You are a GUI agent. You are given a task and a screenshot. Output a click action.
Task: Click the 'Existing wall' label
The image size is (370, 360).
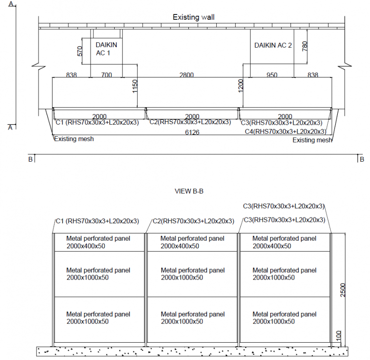coord(194,17)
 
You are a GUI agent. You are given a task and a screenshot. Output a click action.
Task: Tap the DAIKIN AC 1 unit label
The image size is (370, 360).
coord(106,49)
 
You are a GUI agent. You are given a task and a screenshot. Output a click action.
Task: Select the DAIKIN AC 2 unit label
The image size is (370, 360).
coord(273,45)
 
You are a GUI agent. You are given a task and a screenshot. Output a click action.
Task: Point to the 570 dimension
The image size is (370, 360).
coord(80,51)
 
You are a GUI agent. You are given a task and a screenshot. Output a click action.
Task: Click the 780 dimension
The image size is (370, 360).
coord(304,46)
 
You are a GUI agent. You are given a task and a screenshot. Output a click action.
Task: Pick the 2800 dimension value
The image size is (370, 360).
coord(186,75)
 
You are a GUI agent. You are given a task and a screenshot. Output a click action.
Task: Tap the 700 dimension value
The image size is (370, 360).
coord(106,75)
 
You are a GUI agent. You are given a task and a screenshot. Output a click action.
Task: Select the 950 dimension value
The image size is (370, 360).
coord(272,75)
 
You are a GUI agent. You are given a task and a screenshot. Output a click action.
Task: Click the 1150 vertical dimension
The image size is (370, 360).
coord(135,86)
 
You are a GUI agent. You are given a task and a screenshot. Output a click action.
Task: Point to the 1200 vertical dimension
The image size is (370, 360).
coord(240,86)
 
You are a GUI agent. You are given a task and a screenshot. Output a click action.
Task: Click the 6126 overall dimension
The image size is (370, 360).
coord(192,132)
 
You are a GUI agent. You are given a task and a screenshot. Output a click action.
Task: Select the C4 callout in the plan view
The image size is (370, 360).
coord(286,131)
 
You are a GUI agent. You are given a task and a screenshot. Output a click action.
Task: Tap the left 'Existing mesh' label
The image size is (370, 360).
coord(74,139)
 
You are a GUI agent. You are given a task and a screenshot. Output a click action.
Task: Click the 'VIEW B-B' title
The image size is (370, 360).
coord(189,191)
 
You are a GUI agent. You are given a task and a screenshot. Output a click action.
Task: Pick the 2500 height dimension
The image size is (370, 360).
coord(343,290)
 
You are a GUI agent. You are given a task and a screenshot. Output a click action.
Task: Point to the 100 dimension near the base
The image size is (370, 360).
coord(339,336)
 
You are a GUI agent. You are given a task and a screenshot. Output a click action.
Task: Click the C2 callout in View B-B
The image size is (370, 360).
coord(193,221)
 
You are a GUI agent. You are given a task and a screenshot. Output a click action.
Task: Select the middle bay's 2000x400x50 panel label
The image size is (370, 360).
coord(180,246)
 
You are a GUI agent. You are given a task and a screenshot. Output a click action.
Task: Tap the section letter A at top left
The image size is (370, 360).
coord(11,4)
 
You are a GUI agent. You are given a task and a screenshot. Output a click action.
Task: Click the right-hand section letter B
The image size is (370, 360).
coord(362,160)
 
